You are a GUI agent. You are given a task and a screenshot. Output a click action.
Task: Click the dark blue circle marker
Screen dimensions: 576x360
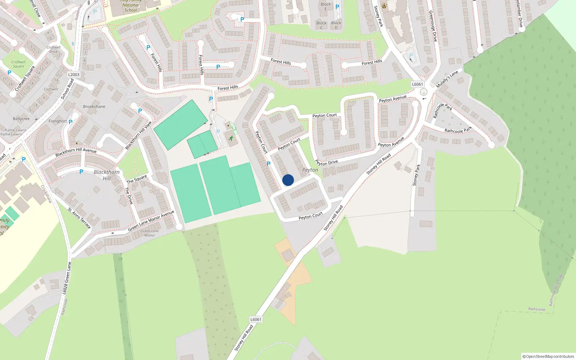(288, 180)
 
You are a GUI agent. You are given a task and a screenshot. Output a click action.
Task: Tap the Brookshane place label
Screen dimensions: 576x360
(94, 107)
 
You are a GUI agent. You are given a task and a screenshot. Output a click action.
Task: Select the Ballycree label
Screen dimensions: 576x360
(21, 119)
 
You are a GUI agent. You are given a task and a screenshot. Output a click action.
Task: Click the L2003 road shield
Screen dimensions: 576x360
(73, 75)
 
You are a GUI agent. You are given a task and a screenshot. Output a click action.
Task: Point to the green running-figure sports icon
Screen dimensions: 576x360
(231, 138)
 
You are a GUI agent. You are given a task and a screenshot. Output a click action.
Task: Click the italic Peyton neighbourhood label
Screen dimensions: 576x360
(310, 170)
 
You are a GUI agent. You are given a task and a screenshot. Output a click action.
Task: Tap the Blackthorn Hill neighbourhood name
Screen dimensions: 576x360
(107, 175)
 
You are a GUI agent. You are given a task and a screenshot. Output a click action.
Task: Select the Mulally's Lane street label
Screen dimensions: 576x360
(447, 79)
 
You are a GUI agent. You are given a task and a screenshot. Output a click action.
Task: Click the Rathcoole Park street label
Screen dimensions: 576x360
(458, 130)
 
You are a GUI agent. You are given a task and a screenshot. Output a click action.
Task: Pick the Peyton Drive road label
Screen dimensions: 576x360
(327, 162)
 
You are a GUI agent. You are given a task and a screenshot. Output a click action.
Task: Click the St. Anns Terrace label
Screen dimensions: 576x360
(80, 218)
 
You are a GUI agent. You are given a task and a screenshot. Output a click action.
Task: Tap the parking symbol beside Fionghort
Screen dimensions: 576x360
(71, 122)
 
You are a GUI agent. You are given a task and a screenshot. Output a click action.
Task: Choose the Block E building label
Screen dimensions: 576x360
(326, 6)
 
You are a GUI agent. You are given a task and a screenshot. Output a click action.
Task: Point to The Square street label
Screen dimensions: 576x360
(137, 179)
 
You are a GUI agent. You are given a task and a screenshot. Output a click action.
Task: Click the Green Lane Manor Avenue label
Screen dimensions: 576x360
(151, 220)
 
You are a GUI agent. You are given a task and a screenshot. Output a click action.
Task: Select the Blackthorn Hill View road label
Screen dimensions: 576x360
(138, 135)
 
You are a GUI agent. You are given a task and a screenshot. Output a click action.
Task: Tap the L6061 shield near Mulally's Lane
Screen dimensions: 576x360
(417, 84)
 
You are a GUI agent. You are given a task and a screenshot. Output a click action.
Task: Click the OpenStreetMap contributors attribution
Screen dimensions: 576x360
(548, 356)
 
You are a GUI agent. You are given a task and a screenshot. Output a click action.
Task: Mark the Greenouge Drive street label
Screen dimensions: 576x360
(433, 26)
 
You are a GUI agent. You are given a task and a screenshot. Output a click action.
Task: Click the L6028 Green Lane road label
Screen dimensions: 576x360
(67, 278)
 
